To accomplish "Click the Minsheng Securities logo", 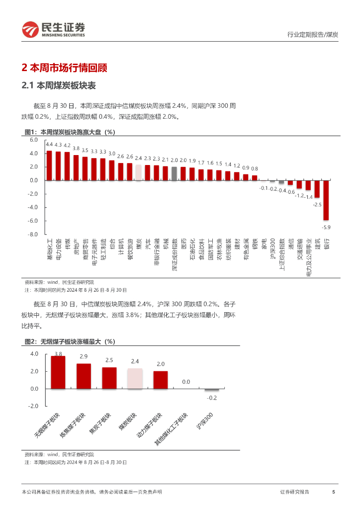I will [x=53, y=30].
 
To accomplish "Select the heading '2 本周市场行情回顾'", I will [x=65, y=68].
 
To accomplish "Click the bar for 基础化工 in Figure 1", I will [x=49, y=166].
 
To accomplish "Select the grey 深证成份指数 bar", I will [x=174, y=173].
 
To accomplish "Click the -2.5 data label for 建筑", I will [x=317, y=204].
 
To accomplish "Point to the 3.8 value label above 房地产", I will [x=76, y=148].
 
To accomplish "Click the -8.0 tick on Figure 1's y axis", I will [x=33, y=234].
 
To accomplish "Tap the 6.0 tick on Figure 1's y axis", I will [x=33, y=140].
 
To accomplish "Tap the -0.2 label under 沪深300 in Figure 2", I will [x=212, y=398].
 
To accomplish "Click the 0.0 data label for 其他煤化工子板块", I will [x=186, y=382].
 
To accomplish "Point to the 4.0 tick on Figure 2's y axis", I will [x=34, y=354].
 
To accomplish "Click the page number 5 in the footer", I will [x=333, y=492].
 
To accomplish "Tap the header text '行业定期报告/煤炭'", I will [x=313, y=34].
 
